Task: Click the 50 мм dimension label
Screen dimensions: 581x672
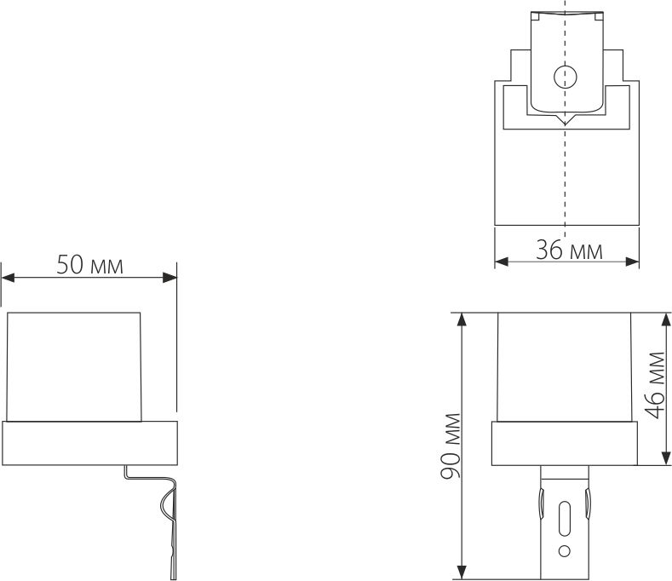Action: (x=89, y=264)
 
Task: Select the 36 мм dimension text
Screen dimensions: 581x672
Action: (x=568, y=250)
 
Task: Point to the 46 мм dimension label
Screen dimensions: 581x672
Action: (x=656, y=384)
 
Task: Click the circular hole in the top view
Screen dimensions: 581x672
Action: (x=564, y=78)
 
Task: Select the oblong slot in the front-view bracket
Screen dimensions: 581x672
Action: (x=564, y=519)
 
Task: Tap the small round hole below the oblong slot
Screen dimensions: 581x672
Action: (x=564, y=549)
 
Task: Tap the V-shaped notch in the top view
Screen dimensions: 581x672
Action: (x=564, y=121)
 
